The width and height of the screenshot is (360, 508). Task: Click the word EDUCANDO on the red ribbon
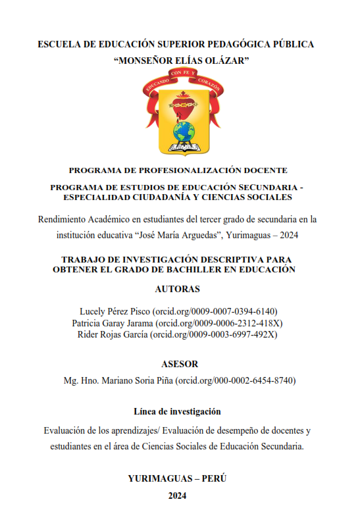tap(157, 80)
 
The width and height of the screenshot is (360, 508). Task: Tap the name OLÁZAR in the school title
tap(219, 61)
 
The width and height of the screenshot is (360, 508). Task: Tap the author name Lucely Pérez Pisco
tap(114, 311)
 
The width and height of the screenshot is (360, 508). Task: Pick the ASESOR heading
tap(180, 364)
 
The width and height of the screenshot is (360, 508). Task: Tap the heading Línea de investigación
tap(177, 412)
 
